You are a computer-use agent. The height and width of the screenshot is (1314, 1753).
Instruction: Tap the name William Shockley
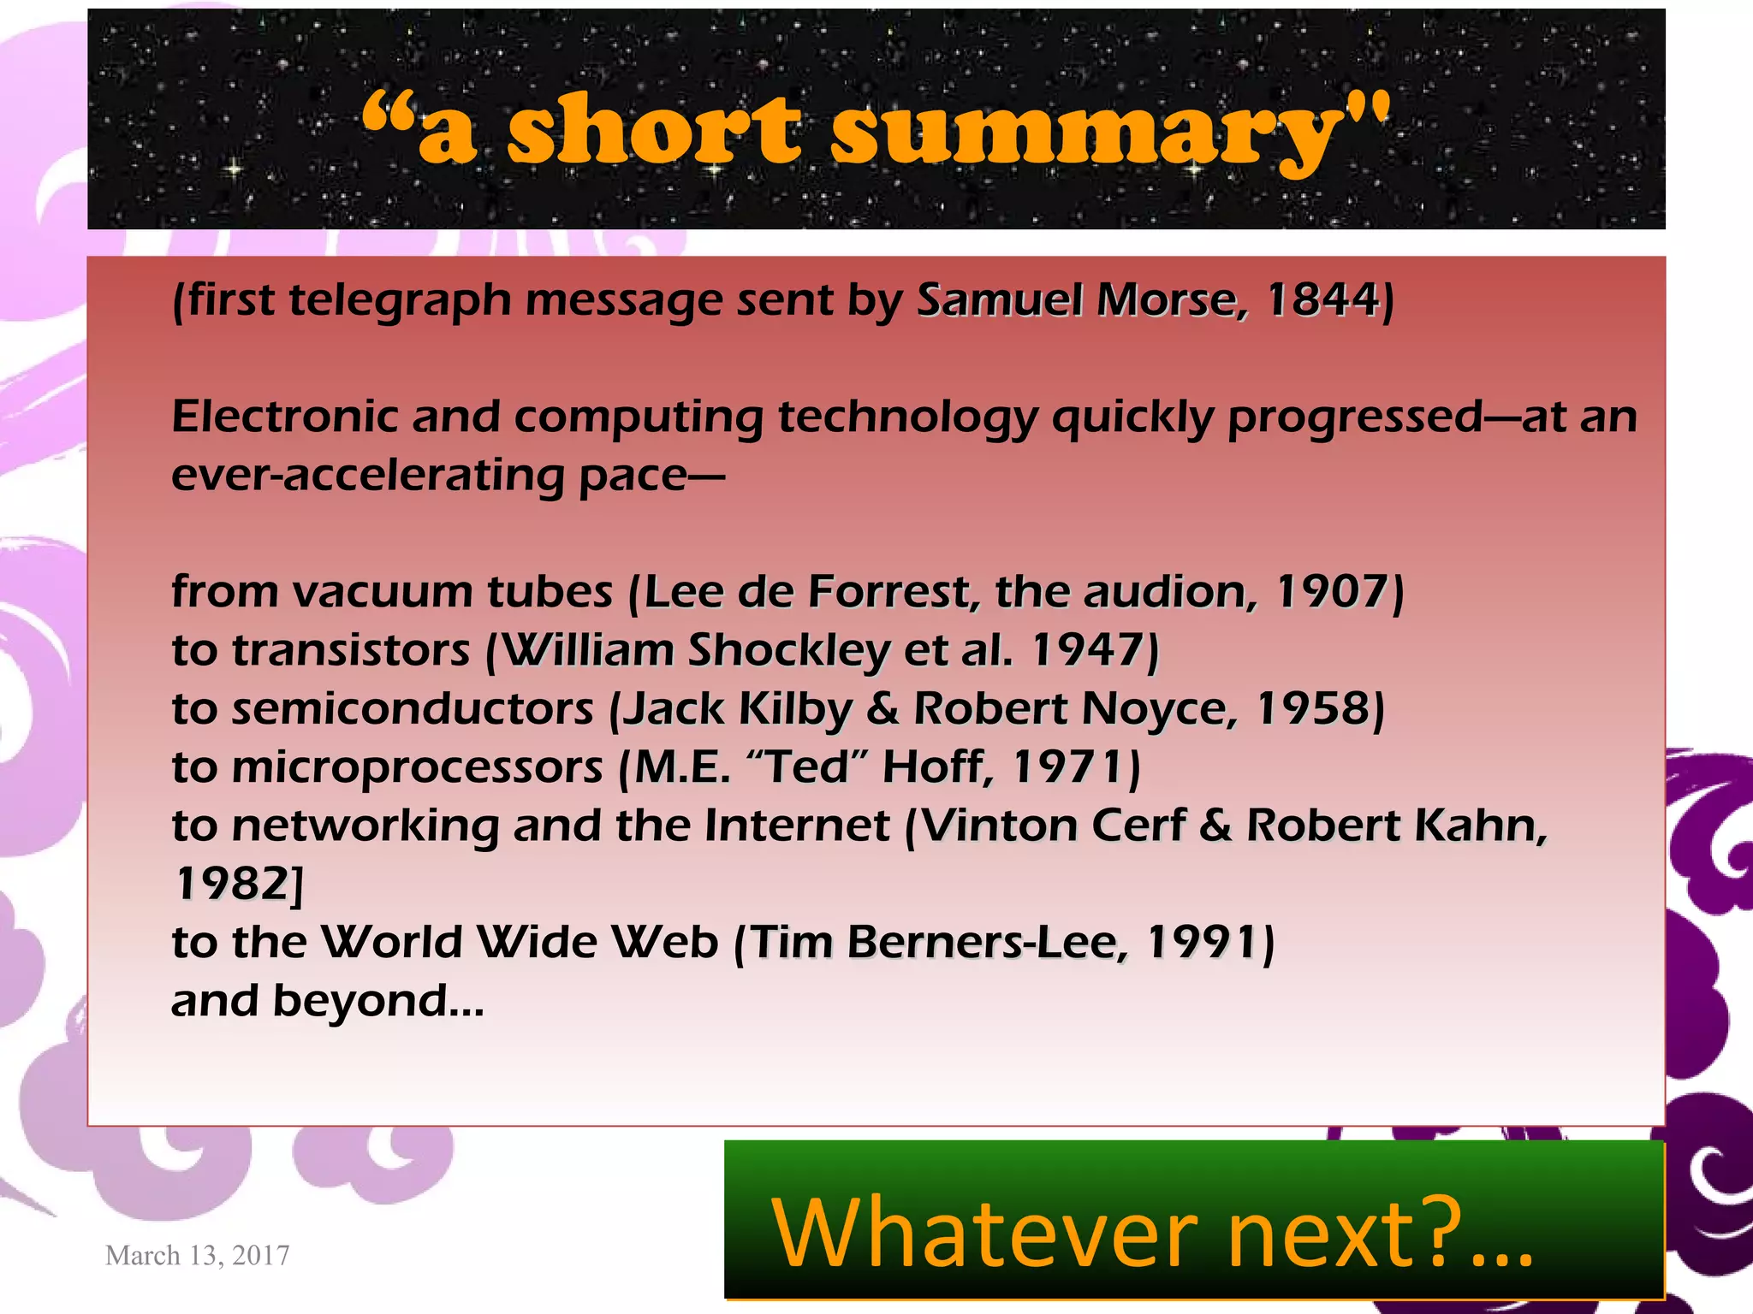694,651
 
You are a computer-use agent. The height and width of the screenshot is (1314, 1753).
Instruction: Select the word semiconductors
413,709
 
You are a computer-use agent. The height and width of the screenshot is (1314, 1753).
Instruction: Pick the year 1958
1313,709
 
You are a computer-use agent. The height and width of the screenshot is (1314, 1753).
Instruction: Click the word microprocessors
418,767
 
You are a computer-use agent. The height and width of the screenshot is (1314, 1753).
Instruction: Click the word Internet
797,826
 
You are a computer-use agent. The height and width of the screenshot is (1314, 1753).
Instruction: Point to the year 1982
232,885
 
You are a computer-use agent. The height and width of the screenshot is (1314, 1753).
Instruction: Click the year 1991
1203,943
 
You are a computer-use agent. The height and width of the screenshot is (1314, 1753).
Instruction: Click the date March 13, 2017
197,1255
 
